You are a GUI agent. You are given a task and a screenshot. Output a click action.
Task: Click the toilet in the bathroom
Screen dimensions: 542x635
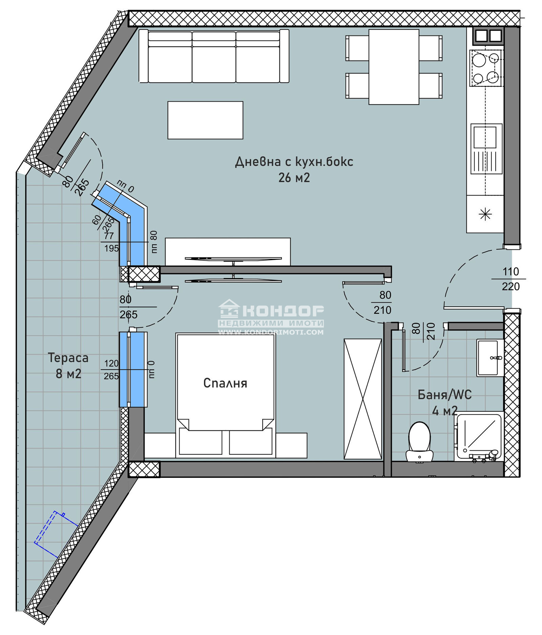[x=419, y=442]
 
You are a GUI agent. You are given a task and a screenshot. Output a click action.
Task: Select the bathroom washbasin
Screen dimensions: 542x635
[x=490, y=357]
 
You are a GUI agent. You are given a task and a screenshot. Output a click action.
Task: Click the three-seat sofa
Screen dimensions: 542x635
[x=214, y=56]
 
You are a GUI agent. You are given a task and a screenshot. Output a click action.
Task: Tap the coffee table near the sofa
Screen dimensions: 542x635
[x=205, y=120]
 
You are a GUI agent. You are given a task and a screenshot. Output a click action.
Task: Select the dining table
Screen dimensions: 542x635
[x=394, y=67]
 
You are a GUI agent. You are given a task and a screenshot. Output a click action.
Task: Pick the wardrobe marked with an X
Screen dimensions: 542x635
[x=363, y=399]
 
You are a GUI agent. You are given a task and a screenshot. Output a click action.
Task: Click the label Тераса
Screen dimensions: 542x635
[x=68, y=358]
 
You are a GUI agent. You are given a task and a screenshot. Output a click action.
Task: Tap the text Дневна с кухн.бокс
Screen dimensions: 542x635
[x=294, y=162]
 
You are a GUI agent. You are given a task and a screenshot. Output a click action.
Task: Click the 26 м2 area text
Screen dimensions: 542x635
[x=294, y=178]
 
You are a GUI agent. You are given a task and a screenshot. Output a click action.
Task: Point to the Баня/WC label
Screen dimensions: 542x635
[x=444, y=394]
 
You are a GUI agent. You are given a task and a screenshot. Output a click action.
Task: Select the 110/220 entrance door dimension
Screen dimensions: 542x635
[x=510, y=279]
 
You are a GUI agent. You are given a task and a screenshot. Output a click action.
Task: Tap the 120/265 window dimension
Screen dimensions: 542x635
[x=111, y=370]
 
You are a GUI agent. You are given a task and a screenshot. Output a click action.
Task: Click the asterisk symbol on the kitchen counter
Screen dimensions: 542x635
[x=485, y=214]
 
